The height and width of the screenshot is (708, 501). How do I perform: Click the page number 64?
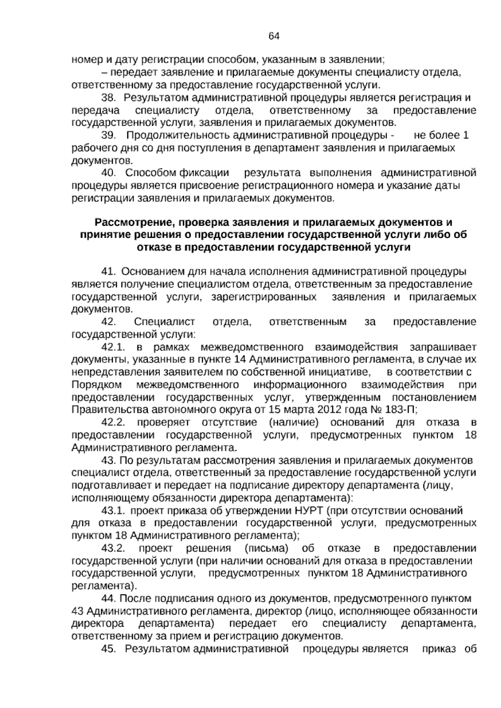click(x=274, y=36)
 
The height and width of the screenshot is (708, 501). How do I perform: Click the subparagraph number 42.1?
click(x=114, y=347)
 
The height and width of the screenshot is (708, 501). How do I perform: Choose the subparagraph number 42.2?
click(x=114, y=422)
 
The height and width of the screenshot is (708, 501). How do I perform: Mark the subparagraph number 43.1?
click(x=114, y=510)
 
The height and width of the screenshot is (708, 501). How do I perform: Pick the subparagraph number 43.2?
click(x=114, y=548)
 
